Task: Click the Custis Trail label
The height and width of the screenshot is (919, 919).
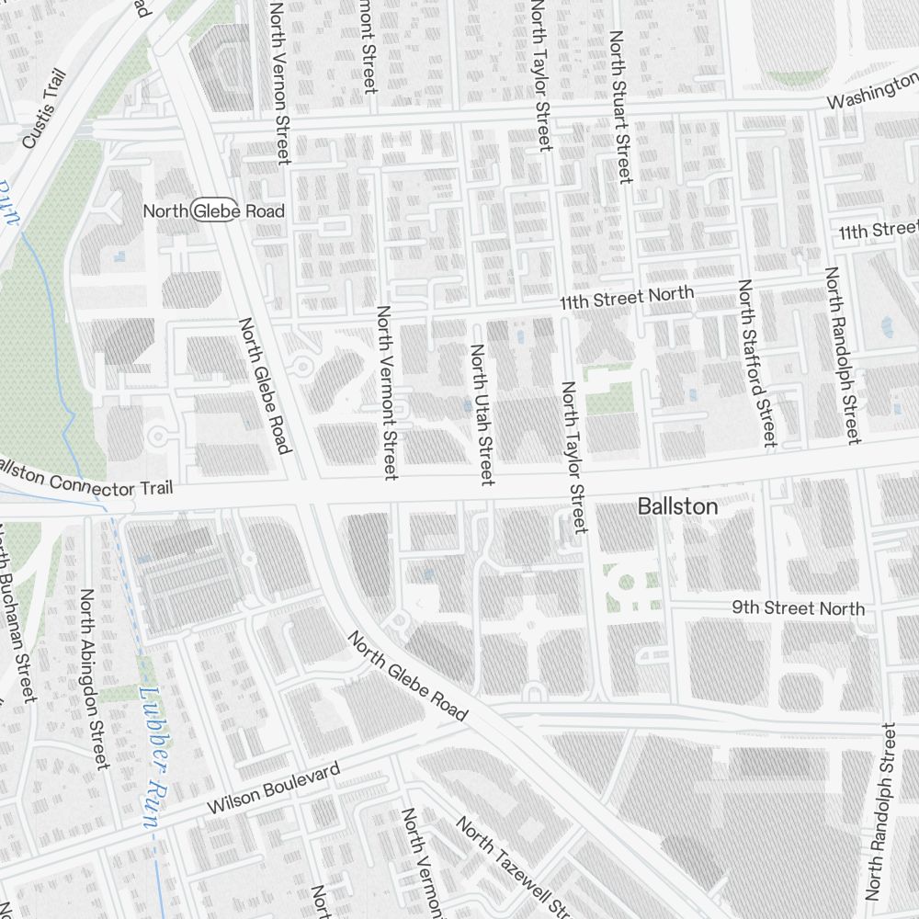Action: click(44, 108)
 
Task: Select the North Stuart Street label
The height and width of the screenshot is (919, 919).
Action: click(620, 107)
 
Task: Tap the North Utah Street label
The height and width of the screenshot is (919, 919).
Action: click(482, 414)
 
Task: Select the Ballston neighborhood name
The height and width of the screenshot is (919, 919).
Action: click(677, 506)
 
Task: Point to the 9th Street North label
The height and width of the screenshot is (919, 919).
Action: click(798, 608)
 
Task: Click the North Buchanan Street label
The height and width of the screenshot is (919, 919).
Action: click(17, 611)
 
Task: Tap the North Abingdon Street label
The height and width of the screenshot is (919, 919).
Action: click(94, 680)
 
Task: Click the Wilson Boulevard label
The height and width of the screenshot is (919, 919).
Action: click(273, 788)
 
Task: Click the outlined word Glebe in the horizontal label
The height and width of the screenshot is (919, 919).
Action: click(214, 210)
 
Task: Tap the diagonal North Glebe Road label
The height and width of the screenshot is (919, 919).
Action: click(407, 676)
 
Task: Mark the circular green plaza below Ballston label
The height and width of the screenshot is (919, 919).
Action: click(628, 583)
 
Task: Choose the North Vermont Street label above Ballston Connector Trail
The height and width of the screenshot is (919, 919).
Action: click(386, 392)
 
